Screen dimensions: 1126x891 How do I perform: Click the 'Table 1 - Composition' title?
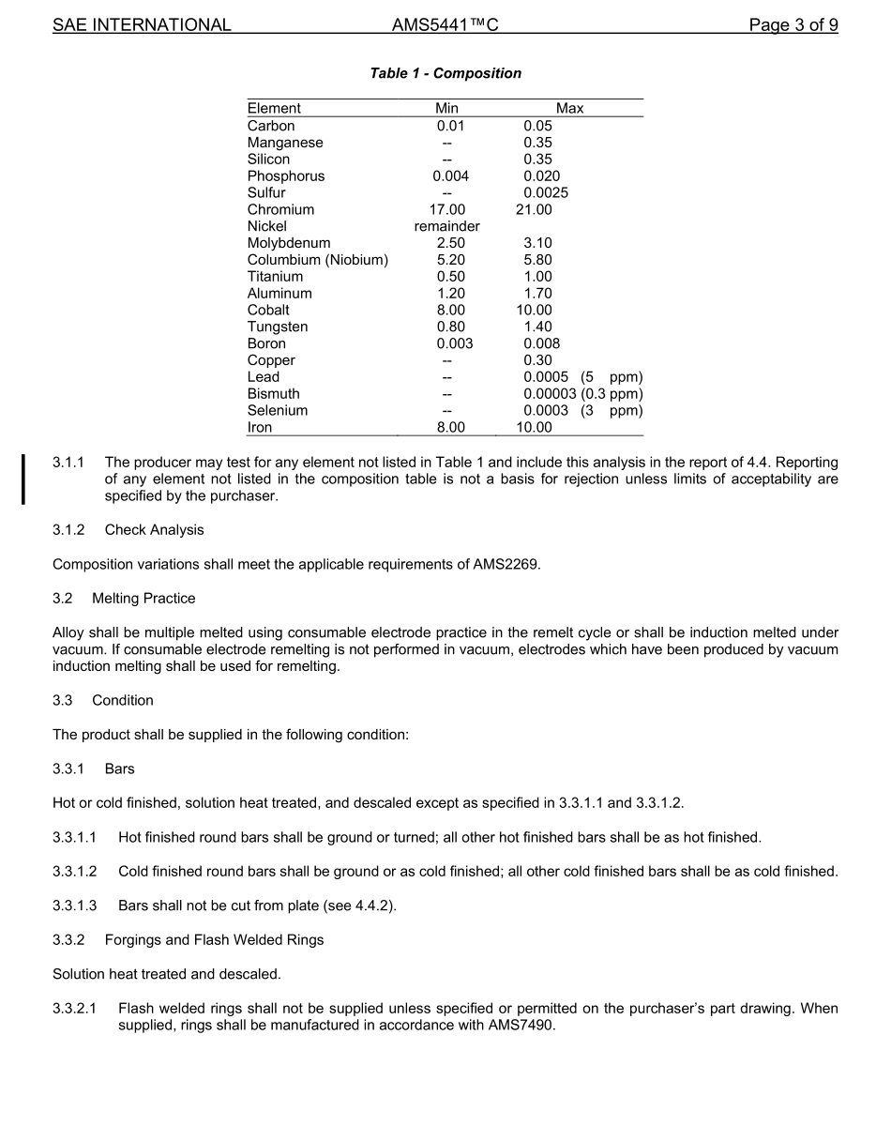coord(445,73)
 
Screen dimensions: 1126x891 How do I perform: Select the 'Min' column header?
coord(446,108)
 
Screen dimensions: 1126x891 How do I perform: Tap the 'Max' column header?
coord(569,108)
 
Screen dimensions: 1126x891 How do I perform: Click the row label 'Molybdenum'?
coord(289,243)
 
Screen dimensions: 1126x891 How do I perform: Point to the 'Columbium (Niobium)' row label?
coord(317,260)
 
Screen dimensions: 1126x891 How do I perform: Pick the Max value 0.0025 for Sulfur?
coord(546,192)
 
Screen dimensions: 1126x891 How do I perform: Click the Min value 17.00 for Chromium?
coord(446,209)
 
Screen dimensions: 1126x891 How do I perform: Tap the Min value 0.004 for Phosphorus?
coord(450,175)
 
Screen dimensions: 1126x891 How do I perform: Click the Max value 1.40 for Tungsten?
coord(537,327)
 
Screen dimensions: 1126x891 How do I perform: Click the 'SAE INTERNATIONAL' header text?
coord(142,25)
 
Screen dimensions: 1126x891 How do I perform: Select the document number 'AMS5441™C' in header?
coord(445,25)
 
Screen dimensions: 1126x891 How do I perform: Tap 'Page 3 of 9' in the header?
coord(793,25)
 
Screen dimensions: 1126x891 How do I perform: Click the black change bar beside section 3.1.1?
coord(24,479)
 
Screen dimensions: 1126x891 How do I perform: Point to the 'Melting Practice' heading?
coord(143,599)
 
